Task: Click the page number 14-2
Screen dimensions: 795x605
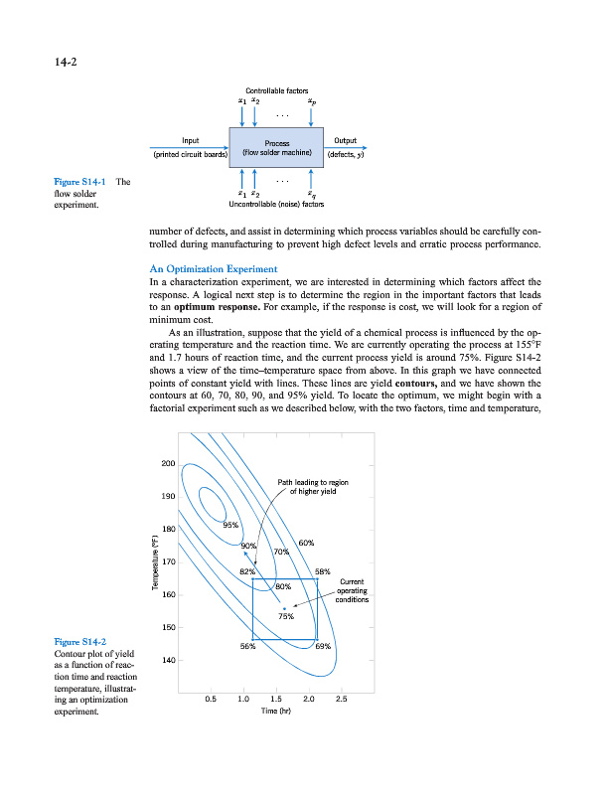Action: (x=64, y=63)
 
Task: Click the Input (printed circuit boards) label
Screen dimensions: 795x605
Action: (x=190, y=148)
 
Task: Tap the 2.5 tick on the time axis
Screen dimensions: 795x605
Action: (x=342, y=699)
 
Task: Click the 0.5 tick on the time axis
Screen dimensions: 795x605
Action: (x=210, y=699)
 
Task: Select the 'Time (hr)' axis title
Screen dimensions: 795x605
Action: (x=275, y=712)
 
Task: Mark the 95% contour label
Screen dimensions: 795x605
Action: (x=230, y=525)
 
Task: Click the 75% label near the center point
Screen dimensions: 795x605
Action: (x=286, y=617)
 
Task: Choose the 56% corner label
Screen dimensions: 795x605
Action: (x=249, y=647)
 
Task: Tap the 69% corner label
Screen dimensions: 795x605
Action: (x=323, y=647)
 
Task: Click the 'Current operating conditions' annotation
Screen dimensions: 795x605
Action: (x=354, y=591)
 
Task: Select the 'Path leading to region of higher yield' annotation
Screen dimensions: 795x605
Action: (x=318, y=487)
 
